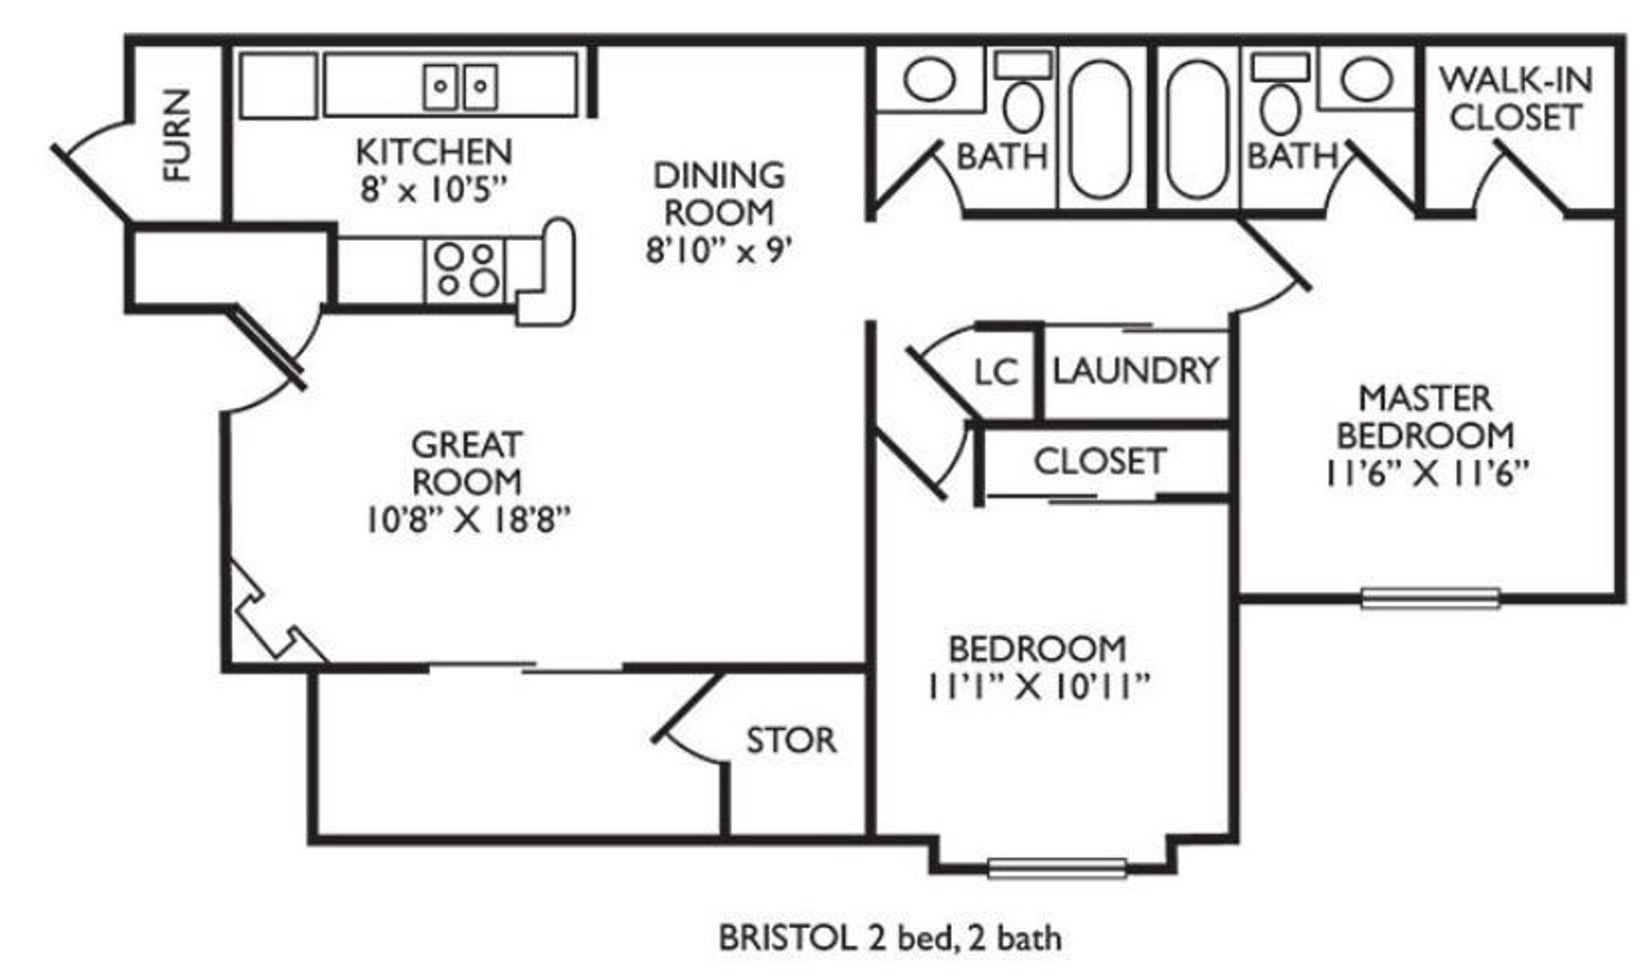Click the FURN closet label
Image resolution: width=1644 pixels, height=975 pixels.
point(177,135)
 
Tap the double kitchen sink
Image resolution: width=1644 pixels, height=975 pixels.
point(461,86)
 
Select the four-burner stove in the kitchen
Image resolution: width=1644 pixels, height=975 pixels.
point(465,269)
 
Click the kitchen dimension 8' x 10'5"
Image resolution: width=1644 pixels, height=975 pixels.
point(434,189)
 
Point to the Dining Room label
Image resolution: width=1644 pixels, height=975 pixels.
point(718,194)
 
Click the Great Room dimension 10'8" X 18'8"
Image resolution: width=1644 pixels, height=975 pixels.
point(468,520)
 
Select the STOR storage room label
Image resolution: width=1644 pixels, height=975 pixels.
point(790,740)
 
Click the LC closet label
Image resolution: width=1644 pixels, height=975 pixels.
point(996,373)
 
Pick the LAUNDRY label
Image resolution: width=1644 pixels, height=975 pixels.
point(1135,371)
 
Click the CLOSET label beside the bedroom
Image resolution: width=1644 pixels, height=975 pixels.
point(1099,462)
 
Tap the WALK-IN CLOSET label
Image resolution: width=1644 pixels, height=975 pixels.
point(1516,99)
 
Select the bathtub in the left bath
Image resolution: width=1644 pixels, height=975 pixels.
point(1101,129)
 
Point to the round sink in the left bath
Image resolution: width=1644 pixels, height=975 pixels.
point(929,79)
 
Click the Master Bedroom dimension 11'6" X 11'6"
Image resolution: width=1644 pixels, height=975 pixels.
point(1426,473)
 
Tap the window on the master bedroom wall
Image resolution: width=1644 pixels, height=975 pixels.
point(1430,597)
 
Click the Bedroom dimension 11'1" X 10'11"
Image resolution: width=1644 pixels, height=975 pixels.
point(1037,686)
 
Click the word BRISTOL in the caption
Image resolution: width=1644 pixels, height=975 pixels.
point(786,938)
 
